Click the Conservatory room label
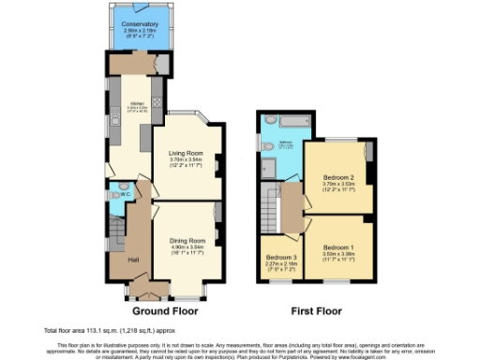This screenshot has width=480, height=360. [141, 23]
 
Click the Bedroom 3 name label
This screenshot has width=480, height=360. [281, 257]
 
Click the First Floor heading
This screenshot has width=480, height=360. [314, 309]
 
